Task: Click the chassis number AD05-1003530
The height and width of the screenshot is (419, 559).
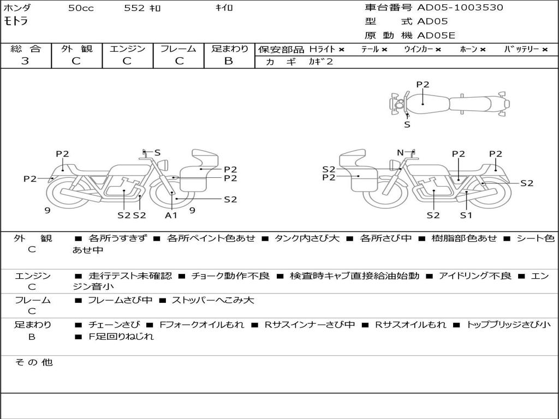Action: (x=460, y=8)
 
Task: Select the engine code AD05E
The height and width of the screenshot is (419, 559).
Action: (x=436, y=35)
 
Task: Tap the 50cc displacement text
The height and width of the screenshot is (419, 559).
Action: (x=81, y=8)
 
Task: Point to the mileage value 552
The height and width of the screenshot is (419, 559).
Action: (x=134, y=8)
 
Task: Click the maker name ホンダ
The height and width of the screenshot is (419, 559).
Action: (x=17, y=8)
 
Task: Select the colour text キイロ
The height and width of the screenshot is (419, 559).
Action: (x=224, y=8)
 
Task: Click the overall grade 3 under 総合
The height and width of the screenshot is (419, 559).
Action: (x=25, y=61)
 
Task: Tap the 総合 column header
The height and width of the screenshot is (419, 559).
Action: (x=26, y=49)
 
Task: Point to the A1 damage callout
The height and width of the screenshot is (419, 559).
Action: (x=171, y=215)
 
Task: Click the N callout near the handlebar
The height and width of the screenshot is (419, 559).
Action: (x=400, y=153)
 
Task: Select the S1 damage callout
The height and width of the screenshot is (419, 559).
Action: (x=466, y=215)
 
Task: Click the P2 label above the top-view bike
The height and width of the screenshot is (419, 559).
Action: (x=423, y=85)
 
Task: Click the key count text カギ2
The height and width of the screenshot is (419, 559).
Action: (x=320, y=62)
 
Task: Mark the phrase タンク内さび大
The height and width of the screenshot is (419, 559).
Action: (x=307, y=238)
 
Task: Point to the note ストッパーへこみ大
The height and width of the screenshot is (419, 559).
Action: (x=213, y=300)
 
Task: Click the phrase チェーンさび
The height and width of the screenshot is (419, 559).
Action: (x=114, y=325)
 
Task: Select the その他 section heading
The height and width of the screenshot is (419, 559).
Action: (x=33, y=362)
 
